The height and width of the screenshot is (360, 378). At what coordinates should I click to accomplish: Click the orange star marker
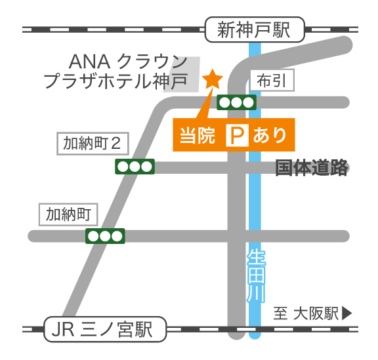(213, 79)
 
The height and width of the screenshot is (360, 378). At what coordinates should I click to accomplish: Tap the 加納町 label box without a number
(72, 214)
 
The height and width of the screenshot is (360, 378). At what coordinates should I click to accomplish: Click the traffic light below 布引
(236, 102)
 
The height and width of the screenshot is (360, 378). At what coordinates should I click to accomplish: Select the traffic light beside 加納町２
(135, 167)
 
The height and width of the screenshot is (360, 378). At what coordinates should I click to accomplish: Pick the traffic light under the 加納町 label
(105, 235)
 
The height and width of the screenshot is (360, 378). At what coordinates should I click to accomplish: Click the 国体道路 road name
(311, 168)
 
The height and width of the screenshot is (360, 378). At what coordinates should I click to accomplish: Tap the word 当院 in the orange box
(198, 136)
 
